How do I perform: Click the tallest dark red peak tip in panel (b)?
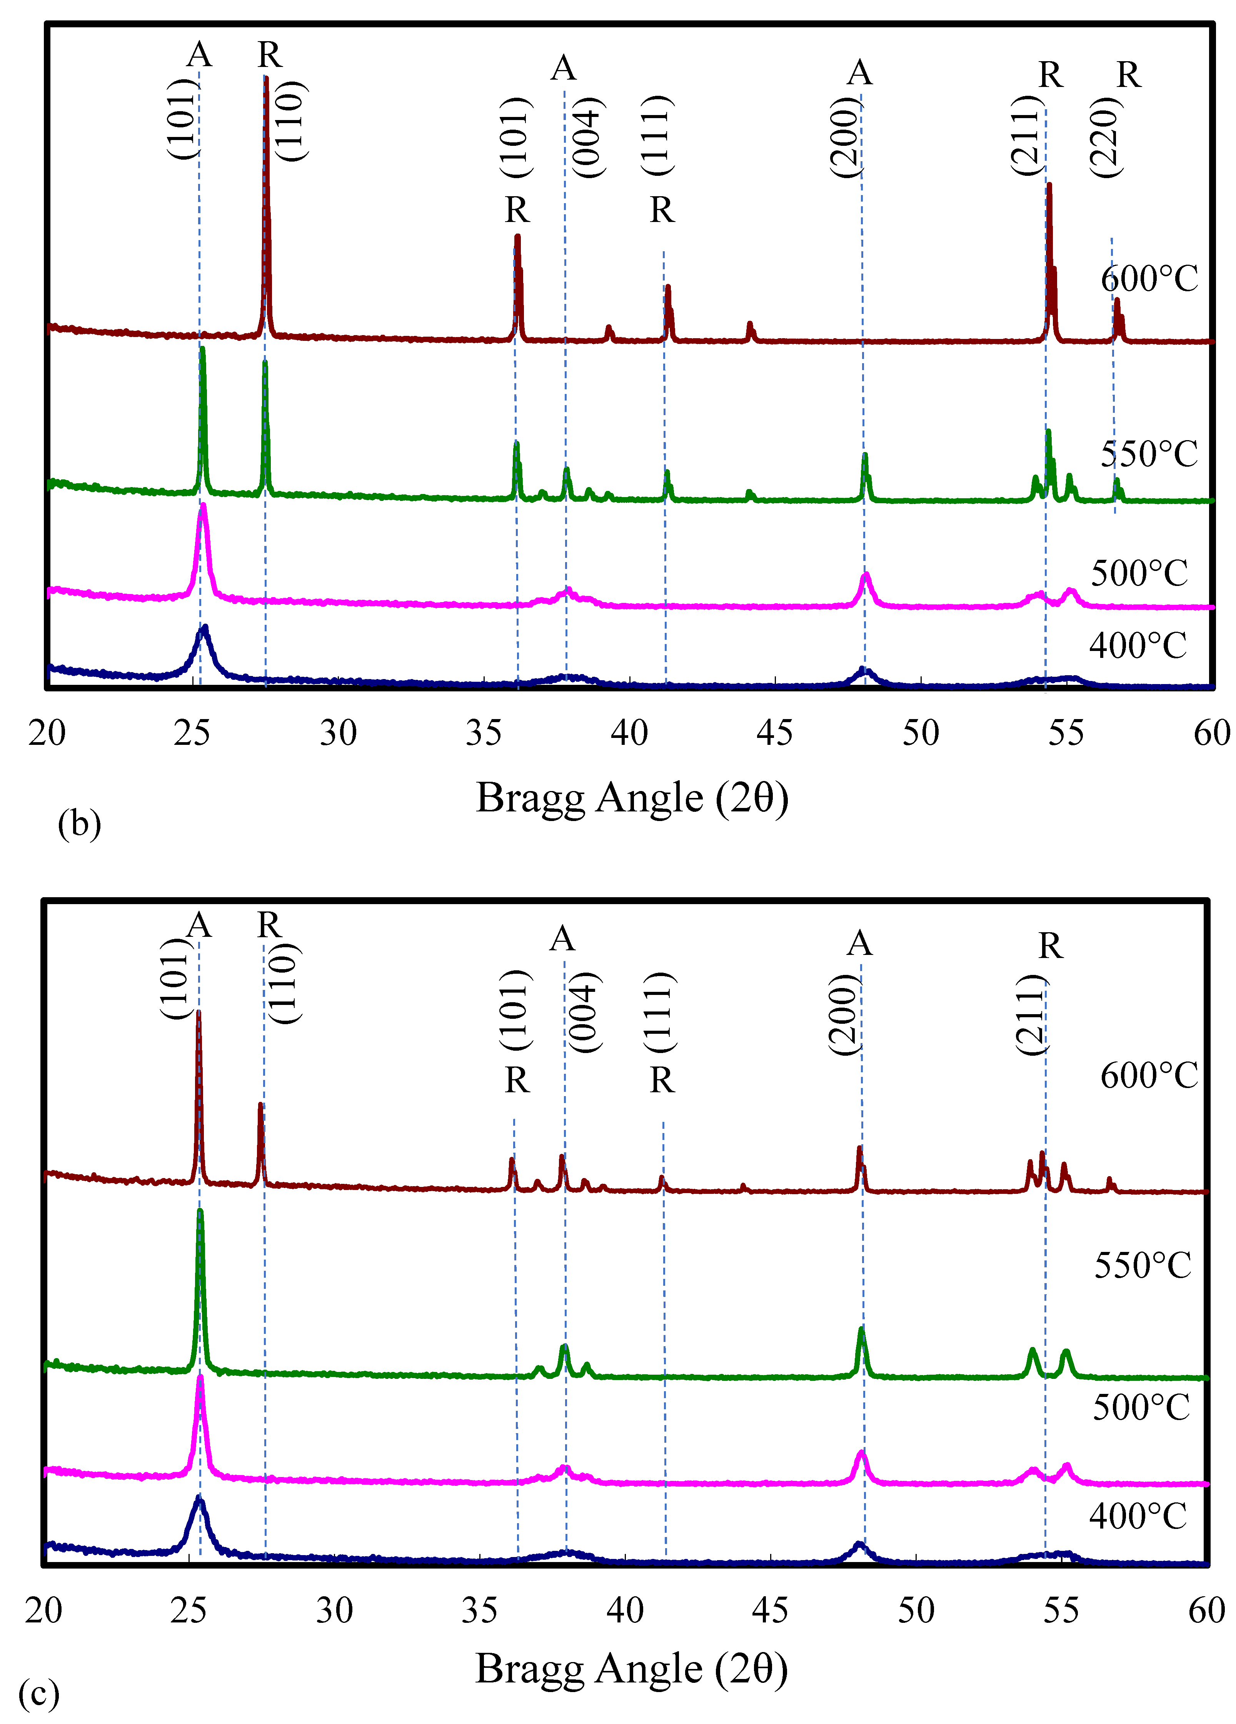pyautogui.click(x=266, y=78)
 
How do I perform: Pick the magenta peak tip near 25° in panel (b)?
pyautogui.click(x=203, y=506)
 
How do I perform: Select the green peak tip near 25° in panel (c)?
pyautogui.click(x=200, y=1210)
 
